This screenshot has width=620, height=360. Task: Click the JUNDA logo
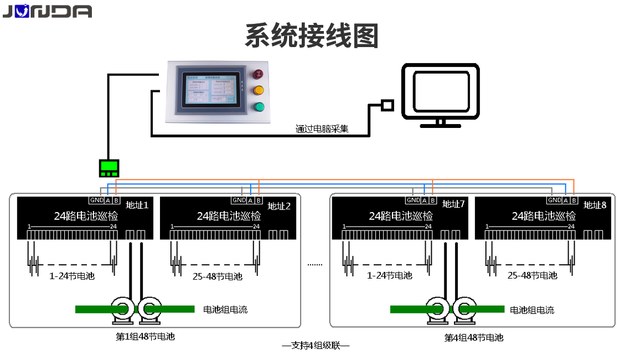click(46, 11)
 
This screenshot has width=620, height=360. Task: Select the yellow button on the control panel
click(258, 90)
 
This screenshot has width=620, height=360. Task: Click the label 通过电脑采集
click(322, 130)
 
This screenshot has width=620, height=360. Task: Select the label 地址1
click(137, 205)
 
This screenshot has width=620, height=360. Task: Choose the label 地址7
click(453, 204)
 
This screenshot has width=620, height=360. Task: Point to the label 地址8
click(595, 205)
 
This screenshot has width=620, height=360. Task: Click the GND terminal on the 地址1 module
click(96, 200)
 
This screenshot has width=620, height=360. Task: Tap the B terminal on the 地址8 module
click(575, 200)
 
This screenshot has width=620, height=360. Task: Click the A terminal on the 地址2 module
click(250, 200)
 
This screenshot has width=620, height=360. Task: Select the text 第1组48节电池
click(145, 336)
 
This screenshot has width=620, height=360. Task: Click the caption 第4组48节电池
click(474, 337)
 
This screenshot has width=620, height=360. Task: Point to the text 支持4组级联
click(316, 346)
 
